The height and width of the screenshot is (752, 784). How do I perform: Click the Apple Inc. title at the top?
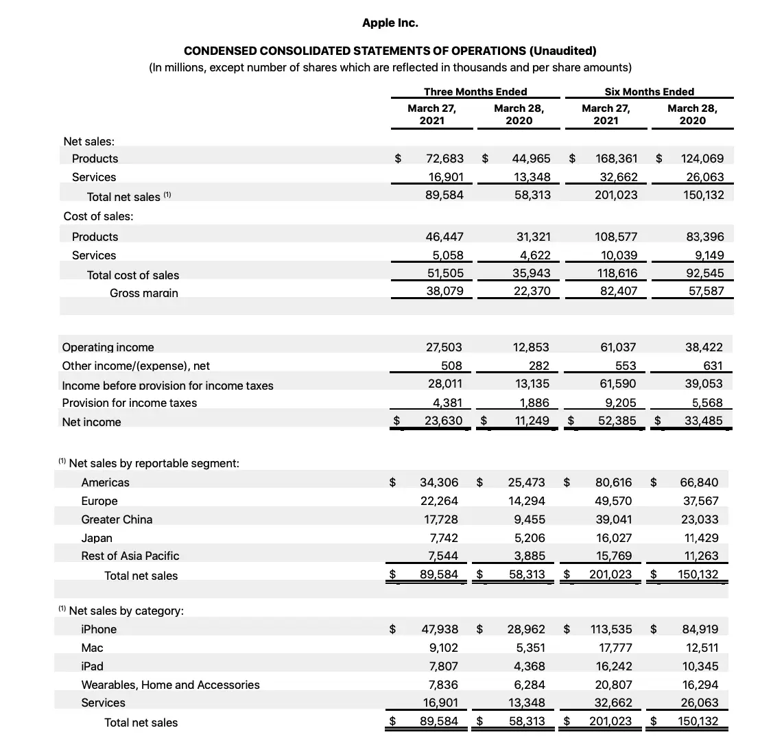[x=390, y=23]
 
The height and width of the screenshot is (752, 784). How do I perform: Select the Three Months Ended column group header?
[x=475, y=91]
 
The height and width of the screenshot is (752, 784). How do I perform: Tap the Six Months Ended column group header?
[x=649, y=91]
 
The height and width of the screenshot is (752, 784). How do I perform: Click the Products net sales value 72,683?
[x=444, y=158]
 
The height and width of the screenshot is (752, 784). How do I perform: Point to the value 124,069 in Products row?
[x=702, y=158]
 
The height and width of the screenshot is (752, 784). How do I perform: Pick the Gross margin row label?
[x=143, y=293]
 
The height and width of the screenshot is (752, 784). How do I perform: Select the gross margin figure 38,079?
[x=444, y=291]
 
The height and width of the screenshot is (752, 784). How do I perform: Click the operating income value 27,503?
[x=444, y=347]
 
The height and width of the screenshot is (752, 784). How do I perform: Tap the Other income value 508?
[x=451, y=366]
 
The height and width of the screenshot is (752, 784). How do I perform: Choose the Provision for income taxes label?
[x=129, y=403]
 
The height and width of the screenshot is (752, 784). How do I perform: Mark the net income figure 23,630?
[x=443, y=421]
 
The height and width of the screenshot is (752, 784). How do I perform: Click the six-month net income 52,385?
[x=617, y=421]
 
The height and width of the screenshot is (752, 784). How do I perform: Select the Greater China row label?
[x=117, y=519]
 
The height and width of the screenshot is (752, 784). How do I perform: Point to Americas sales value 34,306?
[x=439, y=482]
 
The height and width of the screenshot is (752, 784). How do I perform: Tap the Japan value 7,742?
[x=443, y=538]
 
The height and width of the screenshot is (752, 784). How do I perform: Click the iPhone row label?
[x=99, y=629]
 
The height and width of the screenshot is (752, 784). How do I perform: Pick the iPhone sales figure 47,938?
[x=439, y=629]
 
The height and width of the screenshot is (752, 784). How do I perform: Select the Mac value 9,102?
[x=443, y=648]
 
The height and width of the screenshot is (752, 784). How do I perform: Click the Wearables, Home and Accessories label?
[x=170, y=685]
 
